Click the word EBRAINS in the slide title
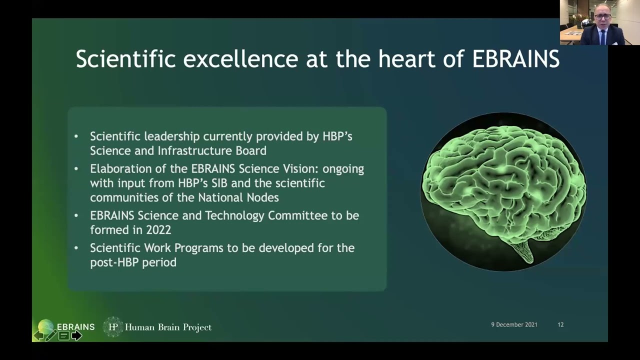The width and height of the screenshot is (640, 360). click(515, 59)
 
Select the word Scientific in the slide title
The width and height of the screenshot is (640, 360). click(125, 59)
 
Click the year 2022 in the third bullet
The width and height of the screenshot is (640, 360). click(158, 230)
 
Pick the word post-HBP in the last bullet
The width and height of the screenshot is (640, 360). click(112, 262)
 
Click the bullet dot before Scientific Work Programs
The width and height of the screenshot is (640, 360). click(76, 248)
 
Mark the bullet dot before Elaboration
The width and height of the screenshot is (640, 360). click(76, 169)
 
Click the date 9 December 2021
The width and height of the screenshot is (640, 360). click(514, 324)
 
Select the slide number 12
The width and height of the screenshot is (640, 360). click(560, 324)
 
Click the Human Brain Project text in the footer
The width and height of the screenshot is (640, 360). click(168, 327)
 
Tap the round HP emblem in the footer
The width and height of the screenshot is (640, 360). click(113, 327)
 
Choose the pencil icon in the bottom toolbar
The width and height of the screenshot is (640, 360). click(50, 335)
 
